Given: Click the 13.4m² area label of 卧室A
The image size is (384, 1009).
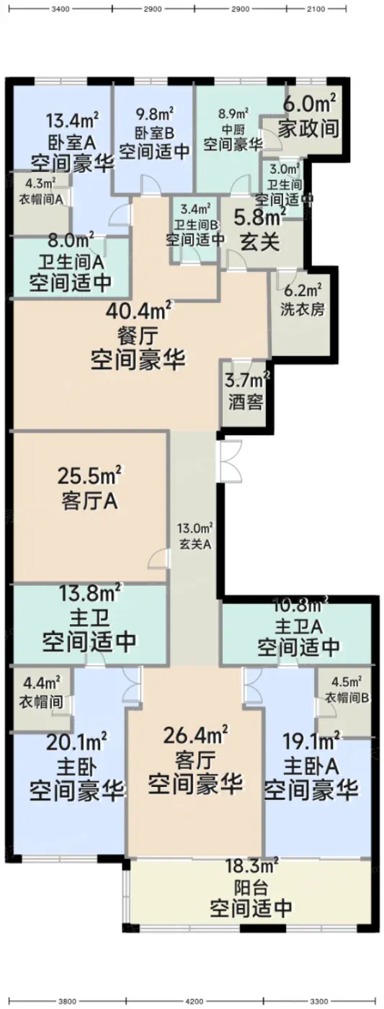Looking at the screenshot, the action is coord(73,121).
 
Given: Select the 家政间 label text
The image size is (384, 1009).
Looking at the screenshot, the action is coord(308,129).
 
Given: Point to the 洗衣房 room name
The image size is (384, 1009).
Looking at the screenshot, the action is coord(302,309).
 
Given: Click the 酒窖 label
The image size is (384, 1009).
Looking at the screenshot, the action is coord(246,401).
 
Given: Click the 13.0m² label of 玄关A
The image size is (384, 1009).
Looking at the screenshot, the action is coord(195,528).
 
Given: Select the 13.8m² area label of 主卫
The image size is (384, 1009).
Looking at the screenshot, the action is coord(91,594).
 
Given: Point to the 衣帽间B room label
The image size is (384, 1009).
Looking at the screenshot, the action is coord(347,698).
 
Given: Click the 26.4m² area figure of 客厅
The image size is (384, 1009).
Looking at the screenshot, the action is coord(195,735).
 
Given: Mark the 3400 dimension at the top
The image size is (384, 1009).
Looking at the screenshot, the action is coord(61,9).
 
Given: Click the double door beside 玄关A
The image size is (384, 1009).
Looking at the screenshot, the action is coord(231,461).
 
